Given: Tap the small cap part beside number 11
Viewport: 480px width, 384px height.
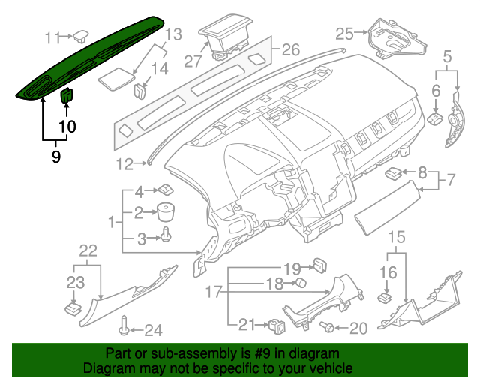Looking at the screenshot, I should [79, 34].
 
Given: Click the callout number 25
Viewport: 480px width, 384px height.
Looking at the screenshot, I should [344, 33].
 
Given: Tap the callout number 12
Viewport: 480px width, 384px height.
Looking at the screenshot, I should [124, 163].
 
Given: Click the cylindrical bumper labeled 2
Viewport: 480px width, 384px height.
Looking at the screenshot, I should [166, 211].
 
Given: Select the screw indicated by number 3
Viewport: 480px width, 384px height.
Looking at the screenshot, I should [166, 238].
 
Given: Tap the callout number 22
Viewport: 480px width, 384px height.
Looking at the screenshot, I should [88, 250].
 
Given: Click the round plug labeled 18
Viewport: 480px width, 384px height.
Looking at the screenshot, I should [298, 283].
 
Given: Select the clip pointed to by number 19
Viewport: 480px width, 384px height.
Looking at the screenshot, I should [320, 264].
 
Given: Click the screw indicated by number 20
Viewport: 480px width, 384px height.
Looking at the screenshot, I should [327, 327].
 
